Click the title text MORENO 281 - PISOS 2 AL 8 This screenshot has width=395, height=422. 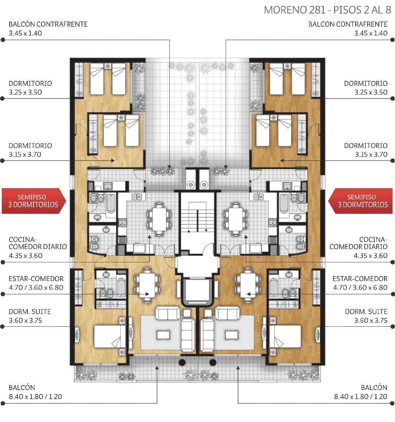pos(327,10)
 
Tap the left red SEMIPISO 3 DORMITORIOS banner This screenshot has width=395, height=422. pos(34,201)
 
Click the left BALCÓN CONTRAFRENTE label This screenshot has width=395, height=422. pos(48,24)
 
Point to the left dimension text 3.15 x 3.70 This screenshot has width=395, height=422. pos(25,154)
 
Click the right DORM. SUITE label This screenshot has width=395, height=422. pos(366,312)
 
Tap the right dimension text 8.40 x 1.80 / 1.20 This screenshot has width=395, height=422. pos(360,396)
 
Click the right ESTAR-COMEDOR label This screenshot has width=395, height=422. pos(360,279)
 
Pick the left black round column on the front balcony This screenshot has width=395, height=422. pos(182,363)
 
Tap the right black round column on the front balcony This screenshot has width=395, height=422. pos(213,363)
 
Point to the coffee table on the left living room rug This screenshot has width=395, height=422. pos(163,335)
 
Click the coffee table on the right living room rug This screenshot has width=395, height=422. pos(232,335)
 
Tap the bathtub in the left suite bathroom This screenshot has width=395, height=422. pos(121,288)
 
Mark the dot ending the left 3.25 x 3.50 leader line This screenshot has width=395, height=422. pos(2,98)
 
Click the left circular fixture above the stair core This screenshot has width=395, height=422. pos(191,185)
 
